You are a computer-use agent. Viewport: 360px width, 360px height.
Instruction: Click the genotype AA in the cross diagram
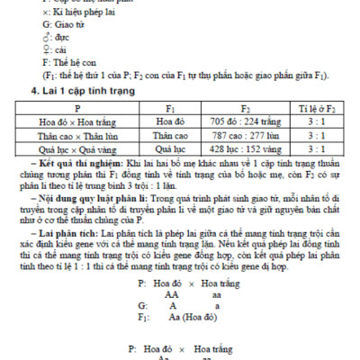pos(171,293)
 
